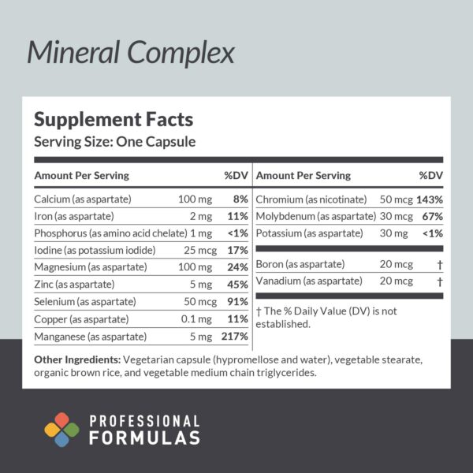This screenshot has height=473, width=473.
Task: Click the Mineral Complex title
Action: [x=131, y=52]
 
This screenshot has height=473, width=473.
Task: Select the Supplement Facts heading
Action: [x=113, y=120]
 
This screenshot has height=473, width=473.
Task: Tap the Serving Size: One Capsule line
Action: [x=114, y=142]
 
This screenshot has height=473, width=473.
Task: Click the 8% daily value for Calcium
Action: [x=240, y=199]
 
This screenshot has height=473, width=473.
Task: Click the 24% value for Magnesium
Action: [x=238, y=268]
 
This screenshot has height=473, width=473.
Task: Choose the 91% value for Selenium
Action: [x=238, y=303]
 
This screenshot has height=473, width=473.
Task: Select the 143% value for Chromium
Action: [x=430, y=199]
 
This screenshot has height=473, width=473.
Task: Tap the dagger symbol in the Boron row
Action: [x=439, y=263]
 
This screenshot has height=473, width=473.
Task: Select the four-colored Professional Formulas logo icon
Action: [x=61, y=430]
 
